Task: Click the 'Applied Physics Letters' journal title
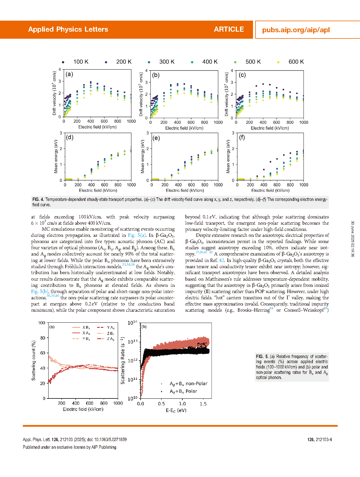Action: (x=68, y=29)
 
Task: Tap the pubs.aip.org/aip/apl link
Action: (x=296, y=30)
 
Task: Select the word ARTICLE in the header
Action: (x=229, y=29)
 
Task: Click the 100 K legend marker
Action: (x=63, y=62)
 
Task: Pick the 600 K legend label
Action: (x=296, y=62)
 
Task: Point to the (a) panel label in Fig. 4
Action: (x=69, y=74)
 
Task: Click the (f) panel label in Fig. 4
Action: (x=242, y=137)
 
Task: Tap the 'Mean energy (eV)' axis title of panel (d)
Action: (x=56, y=156)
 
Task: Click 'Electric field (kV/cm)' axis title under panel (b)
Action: (x=184, y=128)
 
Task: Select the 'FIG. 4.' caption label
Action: (x=38, y=200)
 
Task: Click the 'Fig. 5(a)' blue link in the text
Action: (x=137, y=235)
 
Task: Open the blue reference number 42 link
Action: (x=221, y=260)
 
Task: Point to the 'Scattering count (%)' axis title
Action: (x=34, y=360)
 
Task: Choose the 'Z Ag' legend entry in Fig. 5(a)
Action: (x=106, y=339)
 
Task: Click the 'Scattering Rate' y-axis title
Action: (x=123, y=360)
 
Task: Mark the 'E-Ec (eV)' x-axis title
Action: (x=176, y=410)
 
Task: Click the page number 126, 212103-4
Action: (x=320, y=439)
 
